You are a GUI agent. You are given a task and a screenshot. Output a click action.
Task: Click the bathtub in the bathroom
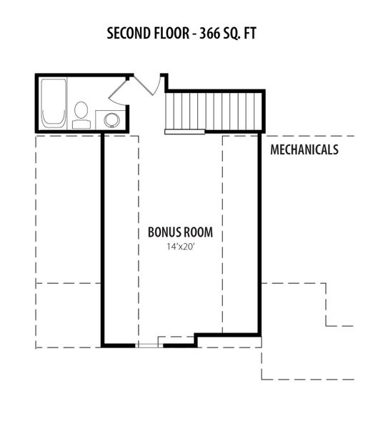pos(54,103)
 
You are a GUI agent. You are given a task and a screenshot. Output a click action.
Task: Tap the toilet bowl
pos(81,110)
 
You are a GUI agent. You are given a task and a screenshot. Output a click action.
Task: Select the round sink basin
pos(112,120)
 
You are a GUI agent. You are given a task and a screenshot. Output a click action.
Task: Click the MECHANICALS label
pos(304,149)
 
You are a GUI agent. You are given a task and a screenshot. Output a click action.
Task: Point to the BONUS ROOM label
pos(180,232)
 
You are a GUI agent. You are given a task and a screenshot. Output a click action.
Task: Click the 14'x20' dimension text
pos(181,247)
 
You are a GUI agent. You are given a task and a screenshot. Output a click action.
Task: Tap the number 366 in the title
pos(209,34)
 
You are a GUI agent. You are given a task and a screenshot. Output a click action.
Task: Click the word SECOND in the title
pos(128,34)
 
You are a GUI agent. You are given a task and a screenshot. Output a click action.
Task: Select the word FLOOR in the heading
pos(171,34)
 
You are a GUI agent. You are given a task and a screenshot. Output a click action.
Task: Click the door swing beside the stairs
pos(147,85)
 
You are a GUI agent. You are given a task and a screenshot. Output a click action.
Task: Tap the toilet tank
pos(81,124)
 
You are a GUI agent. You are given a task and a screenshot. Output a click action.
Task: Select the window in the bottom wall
pos(149,346)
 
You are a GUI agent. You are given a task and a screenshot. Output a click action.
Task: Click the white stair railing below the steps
pos(185,132)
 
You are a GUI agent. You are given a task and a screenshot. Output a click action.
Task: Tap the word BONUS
pos(164,232)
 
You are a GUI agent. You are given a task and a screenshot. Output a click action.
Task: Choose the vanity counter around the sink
pos(111,119)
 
